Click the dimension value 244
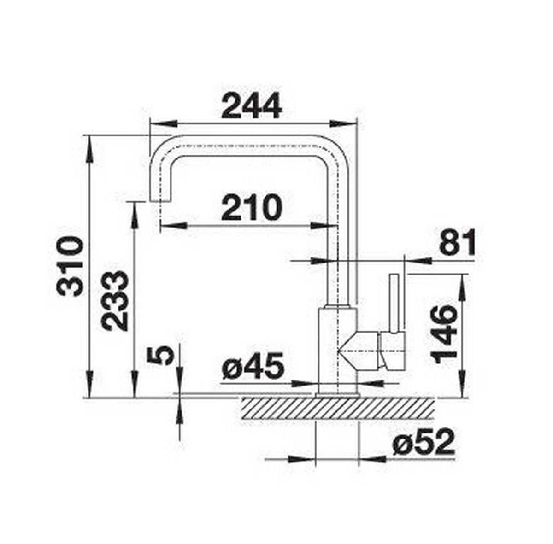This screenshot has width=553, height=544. pyautogui.click(x=251, y=106)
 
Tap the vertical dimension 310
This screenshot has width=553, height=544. pyautogui.click(x=70, y=266)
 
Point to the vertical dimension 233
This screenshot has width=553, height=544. pyautogui.click(x=114, y=300)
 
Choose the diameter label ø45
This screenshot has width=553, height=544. pyautogui.click(x=252, y=367)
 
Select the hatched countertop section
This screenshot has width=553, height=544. pyautogui.click(x=336, y=408)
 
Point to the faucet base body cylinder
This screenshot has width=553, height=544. pyautogui.click(x=338, y=350)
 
